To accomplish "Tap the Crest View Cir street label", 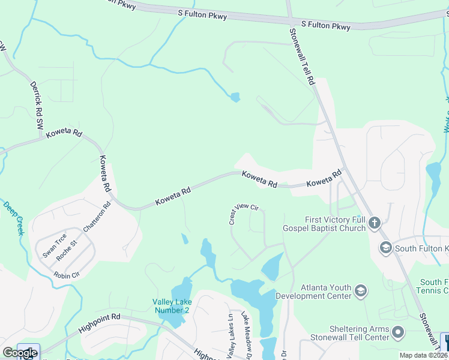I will (x=243, y=214).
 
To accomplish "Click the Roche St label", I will (x=67, y=251).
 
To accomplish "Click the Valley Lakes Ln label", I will (x=230, y=337).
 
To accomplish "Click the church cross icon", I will (x=374, y=223).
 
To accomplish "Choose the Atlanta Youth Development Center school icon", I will (x=361, y=292).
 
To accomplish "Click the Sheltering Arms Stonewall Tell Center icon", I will (x=397, y=332).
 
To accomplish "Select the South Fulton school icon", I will (x=385, y=247).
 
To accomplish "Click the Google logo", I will (x=20, y=353).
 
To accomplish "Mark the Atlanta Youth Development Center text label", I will (x=313, y=292).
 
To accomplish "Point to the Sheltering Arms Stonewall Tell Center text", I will (x=350, y=333).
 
